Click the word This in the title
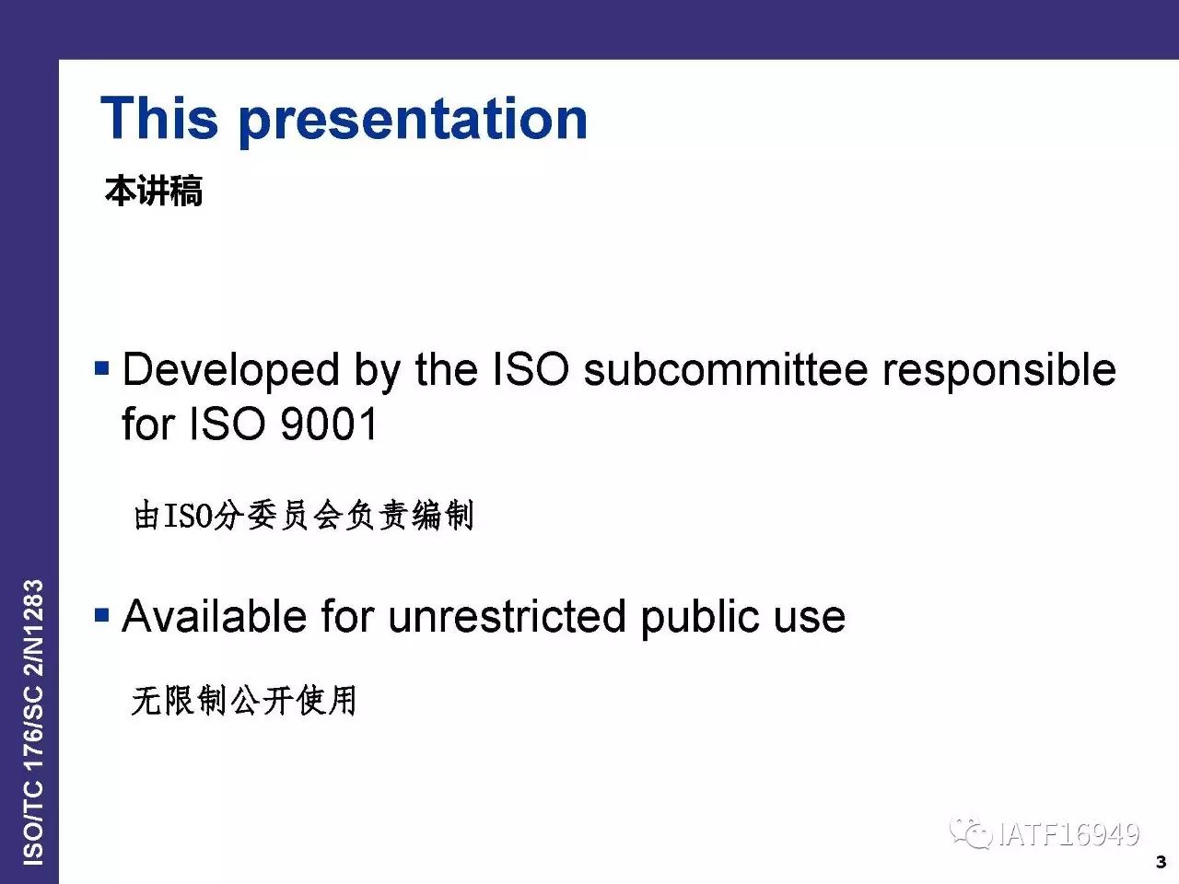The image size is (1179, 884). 159,118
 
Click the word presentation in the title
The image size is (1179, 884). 413,121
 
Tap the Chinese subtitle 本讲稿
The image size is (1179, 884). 154,192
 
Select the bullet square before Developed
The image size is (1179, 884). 101,368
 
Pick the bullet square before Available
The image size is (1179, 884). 101,614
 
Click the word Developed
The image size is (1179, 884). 231,371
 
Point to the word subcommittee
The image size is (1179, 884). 726,369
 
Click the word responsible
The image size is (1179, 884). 999,371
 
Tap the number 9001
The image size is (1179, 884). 329,424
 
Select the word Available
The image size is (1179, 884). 215,616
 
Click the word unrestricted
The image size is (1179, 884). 507,616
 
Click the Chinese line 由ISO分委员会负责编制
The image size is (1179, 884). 304,515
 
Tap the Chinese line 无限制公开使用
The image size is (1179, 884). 244,700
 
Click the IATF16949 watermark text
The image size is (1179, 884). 1068,834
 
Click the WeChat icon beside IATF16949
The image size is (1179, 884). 971,833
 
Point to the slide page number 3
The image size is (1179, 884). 1161,862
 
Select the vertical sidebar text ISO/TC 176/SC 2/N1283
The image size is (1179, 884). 33,722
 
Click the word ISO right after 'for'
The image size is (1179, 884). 228,424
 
